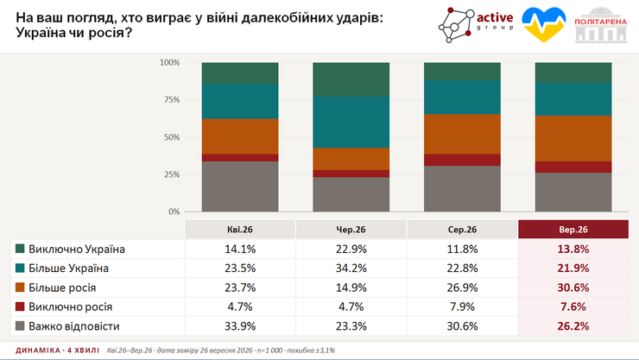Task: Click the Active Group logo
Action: (476, 25)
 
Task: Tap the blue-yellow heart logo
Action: (544, 25)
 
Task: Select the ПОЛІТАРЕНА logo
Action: (601, 25)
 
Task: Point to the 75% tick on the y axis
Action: (169, 100)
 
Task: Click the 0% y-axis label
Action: (174, 212)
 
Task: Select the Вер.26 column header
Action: (573, 230)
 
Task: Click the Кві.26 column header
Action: (240, 230)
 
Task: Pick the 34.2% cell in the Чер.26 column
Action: (351, 268)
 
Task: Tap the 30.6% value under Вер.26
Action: (573, 287)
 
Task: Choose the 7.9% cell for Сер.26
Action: (462, 306)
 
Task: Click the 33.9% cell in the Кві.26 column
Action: (240, 326)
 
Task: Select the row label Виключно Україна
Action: (77, 249)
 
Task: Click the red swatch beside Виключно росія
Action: (20, 306)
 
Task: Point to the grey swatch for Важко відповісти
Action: (20, 326)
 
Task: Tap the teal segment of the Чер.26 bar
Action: (351, 123)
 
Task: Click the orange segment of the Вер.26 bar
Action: (573, 138)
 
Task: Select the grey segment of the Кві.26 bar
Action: (240, 186)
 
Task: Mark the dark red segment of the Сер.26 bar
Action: (462, 160)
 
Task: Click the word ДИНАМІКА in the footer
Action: (38, 351)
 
